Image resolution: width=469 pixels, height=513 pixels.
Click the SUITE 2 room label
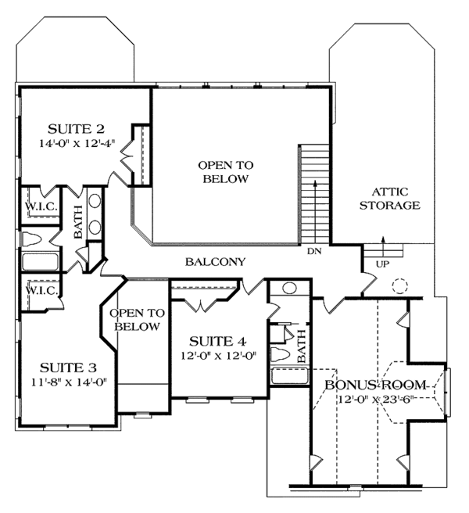pos(76,129)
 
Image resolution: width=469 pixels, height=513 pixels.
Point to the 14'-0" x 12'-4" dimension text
pos(77,143)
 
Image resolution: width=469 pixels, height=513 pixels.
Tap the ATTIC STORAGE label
pos(390,199)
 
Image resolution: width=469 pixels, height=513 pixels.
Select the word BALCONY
pos(215,262)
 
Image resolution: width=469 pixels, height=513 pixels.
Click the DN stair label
pos(314,251)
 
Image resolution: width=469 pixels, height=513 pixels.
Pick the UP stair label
pos(383,264)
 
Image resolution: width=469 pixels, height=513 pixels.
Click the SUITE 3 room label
pos(68,368)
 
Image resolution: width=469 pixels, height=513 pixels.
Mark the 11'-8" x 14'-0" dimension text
pos(70,382)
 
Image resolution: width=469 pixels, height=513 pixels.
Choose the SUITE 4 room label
pos(217,342)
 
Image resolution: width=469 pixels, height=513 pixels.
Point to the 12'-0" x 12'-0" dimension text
pos(218,356)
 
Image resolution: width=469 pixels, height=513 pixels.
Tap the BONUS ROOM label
pos(376,385)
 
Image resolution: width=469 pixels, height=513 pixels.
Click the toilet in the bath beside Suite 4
pos(281,355)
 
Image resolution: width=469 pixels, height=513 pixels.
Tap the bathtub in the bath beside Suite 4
pos(290,375)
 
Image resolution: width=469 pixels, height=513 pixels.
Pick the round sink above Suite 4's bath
pos(289,289)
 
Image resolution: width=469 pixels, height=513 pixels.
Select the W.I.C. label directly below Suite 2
pos(41,206)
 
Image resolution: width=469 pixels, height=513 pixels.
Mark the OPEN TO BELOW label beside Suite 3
pos(137,320)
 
